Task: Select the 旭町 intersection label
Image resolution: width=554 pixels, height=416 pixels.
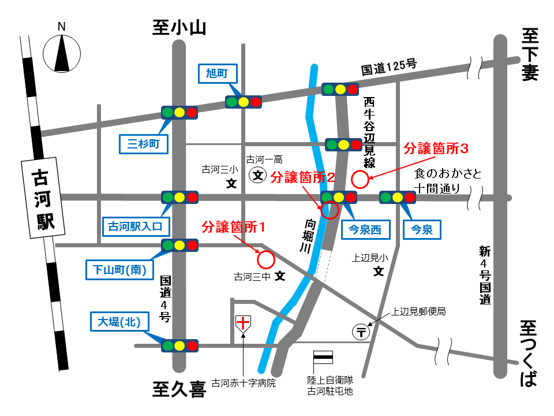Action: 218,72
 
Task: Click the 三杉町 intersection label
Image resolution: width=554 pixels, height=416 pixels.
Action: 144,143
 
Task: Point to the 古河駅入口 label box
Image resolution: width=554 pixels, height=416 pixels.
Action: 136,226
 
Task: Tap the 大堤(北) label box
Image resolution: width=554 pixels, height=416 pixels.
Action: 116,321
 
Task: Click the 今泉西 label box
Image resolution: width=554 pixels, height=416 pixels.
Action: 365,230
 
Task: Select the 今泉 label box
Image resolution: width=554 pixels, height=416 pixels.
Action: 421,230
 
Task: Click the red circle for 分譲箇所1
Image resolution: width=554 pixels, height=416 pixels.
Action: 265,260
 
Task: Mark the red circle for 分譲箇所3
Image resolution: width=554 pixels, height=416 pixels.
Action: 360,180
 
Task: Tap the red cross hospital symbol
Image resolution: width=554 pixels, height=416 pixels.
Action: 244,324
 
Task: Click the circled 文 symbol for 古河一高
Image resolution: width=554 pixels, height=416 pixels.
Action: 257,174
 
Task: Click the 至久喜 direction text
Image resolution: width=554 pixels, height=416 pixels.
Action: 179,390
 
